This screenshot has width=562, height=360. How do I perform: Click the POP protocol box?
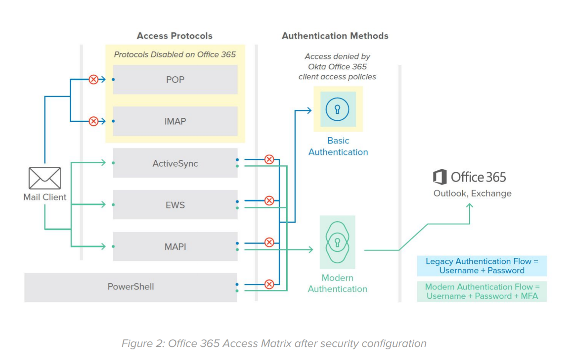tap(175, 80)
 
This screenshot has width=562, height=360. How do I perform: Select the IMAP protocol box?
tap(175, 121)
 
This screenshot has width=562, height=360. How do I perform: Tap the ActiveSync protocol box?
tap(175, 163)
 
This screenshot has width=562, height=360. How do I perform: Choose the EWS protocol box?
tap(175, 205)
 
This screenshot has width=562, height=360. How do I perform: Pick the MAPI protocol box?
tap(175, 247)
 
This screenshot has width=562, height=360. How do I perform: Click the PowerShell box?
tap(131, 287)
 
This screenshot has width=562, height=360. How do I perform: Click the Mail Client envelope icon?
tap(45, 178)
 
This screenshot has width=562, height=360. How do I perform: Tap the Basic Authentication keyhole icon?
tap(337, 109)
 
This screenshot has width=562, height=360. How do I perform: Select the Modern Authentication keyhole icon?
tap(337, 242)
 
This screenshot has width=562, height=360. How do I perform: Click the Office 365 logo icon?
tap(440, 177)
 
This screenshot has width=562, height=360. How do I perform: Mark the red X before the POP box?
tap(94, 79)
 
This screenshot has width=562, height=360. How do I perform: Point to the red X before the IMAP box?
tap(94, 121)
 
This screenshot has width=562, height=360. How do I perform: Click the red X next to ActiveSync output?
tap(269, 159)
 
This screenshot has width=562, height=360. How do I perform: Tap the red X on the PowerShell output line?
tap(269, 284)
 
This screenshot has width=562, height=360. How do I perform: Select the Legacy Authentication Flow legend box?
tap(481, 266)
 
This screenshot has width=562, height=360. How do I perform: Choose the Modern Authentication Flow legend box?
tap(481, 291)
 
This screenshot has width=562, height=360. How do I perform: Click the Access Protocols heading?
tap(174, 36)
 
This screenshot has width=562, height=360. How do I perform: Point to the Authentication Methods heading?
tap(335, 36)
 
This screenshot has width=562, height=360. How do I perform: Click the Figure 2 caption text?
tap(274, 343)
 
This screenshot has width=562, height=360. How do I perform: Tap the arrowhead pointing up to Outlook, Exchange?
tap(470, 206)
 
